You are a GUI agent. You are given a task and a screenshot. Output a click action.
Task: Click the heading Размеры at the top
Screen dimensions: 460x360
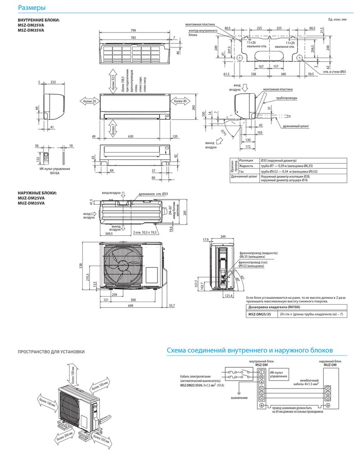tap(31, 8)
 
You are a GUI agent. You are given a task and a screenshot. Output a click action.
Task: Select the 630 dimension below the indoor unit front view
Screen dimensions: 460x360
tap(130, 136)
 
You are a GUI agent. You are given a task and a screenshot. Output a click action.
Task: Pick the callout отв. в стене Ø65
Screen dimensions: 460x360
tap(333, 72)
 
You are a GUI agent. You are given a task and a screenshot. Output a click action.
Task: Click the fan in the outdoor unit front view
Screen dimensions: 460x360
tap(121, 265)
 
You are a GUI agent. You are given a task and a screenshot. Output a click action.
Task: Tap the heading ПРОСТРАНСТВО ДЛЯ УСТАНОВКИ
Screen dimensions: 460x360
tap(51, 352)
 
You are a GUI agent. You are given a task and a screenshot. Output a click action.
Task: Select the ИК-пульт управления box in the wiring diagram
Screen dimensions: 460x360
tap(275, 375)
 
